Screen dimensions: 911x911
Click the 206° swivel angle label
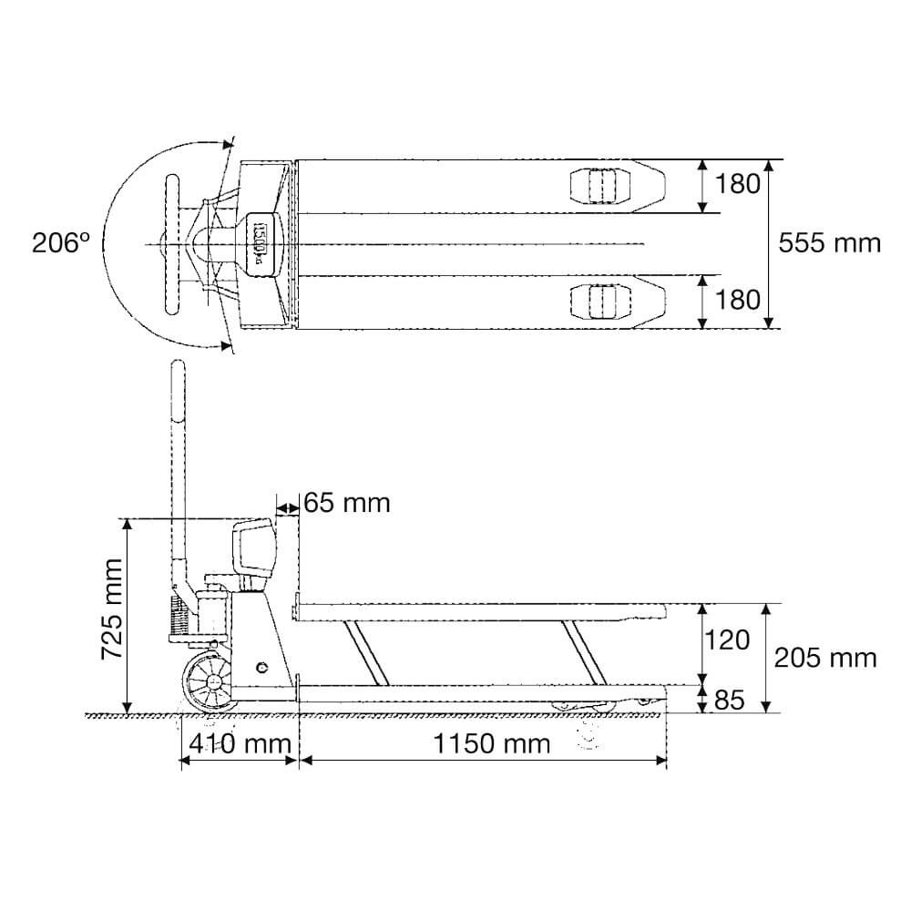[x=61, y=243]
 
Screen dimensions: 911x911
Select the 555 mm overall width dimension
[x=830, y=243]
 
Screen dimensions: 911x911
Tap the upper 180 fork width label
[x=737, y=184]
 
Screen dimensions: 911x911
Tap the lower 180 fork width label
[x=737, y=301]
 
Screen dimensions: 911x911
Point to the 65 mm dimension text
[x=347, y=503]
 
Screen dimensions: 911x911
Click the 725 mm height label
[x=111, y=609]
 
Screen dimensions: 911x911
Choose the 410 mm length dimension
[x=240, y=743]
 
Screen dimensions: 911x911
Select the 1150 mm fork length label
[x=492, y=743]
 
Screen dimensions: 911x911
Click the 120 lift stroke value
[x=727, y=640]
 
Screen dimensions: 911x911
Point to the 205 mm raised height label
[x=825, y=659]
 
